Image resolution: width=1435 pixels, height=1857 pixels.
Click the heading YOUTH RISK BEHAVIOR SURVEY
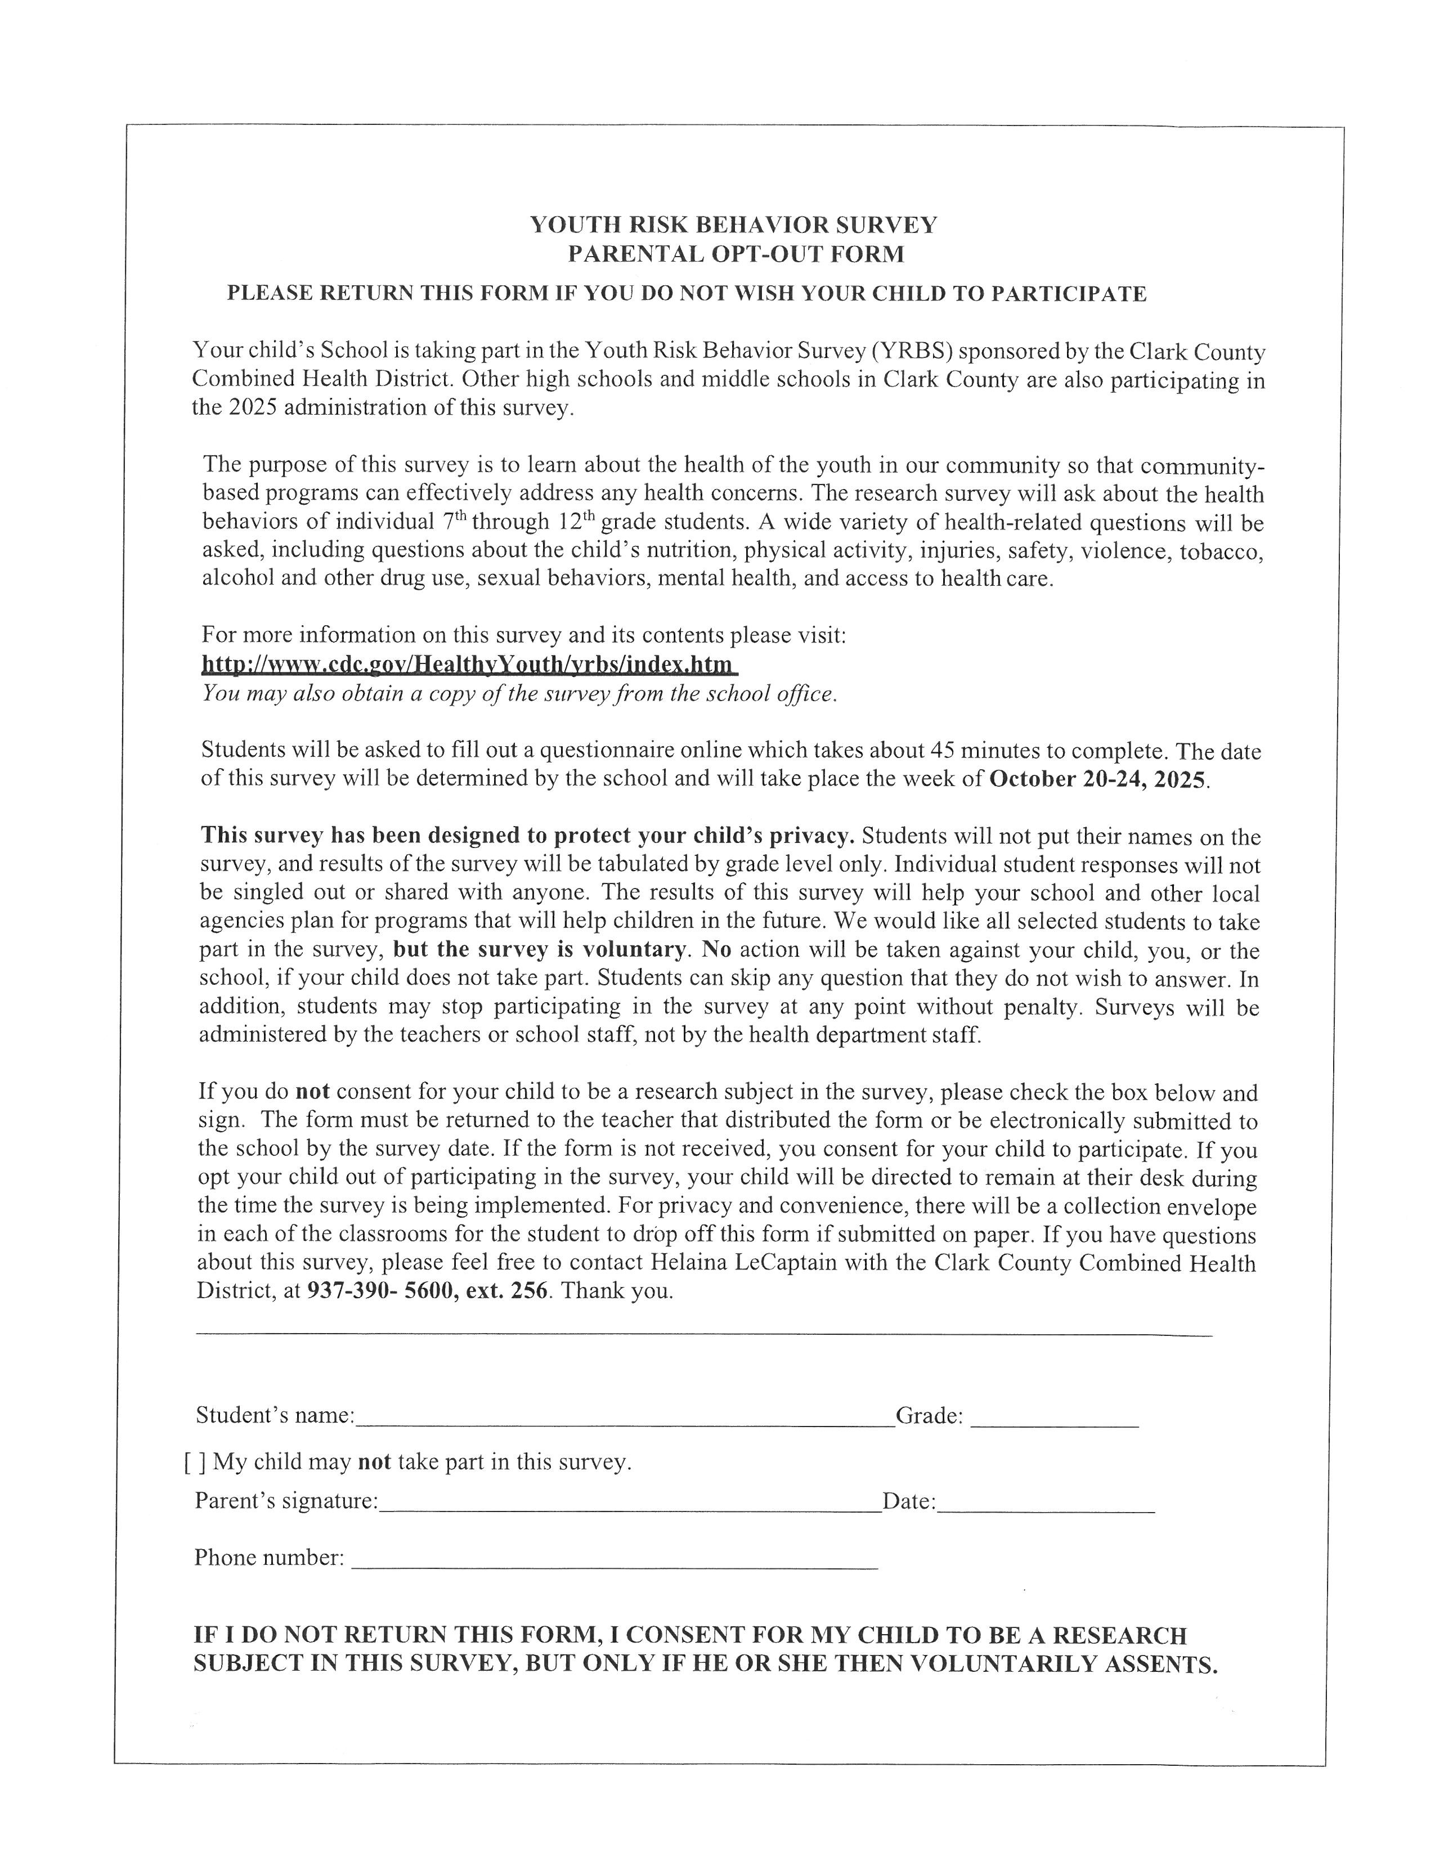734,225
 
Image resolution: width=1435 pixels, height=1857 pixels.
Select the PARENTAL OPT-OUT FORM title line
736,254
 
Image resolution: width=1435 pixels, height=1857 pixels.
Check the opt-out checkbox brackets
195,1463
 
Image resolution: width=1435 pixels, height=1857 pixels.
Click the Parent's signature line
629,1503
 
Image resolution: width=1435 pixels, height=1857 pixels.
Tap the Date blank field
1046,1503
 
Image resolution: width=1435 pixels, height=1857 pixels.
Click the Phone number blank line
614,1559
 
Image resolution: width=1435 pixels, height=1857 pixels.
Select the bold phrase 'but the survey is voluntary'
541,950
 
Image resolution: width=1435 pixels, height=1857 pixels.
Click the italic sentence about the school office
519,694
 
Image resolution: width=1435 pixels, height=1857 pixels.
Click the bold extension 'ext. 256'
508,1291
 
